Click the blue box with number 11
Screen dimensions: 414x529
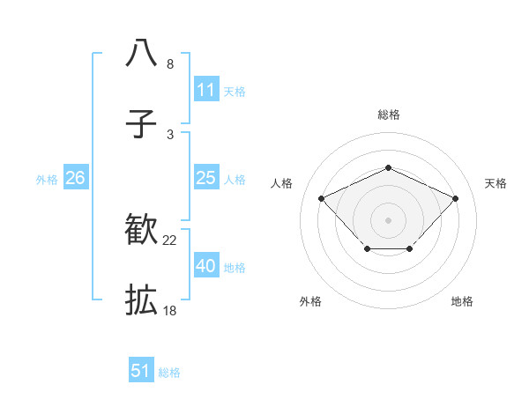[x=205, y=90]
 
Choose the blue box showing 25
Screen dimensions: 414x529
[x=205, y=178]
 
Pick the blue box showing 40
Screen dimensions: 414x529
[x=205, y=266]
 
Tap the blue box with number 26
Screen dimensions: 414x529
[x=75, y=178]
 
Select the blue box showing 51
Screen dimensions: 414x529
[x=141, y=371]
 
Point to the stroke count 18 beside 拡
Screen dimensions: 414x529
[x=169, y=312]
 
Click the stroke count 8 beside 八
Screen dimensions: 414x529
[x=170, y=64]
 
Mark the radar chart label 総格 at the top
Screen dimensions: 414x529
[x=388, y=115]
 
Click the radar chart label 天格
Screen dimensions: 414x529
[x=495, y=183]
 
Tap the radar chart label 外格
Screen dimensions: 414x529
[x=310, y=301]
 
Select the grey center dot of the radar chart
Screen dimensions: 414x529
[x=388, y=218]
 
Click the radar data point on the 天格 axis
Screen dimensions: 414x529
[x=455, y=198]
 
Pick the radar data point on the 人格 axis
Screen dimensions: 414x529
[x=322, y=198]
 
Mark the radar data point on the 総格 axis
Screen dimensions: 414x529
[x=388, y=167]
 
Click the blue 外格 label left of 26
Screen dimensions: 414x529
[x=47, y=179]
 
